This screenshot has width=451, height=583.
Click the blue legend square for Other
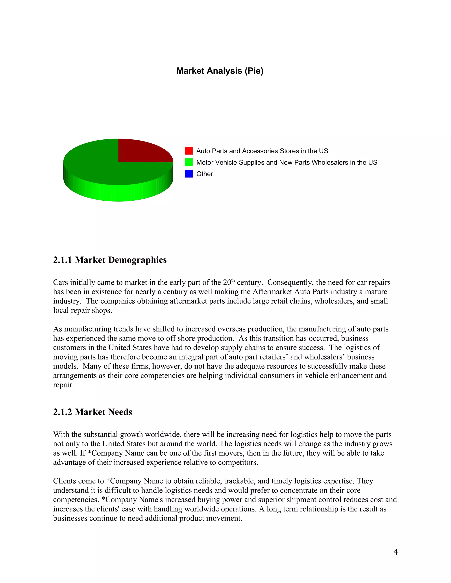(x=189, y=174)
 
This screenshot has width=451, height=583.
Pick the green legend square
(x=189, y=162)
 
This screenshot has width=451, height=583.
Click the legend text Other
(x=204, y=174)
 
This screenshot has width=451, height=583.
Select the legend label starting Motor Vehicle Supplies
(x=286, y=162)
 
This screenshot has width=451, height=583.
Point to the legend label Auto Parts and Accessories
(x=262, y=151)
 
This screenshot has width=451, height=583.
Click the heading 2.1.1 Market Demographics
(x=110, y=260)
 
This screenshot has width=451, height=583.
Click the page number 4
(x=396, y=552)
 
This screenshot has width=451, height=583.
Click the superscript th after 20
(x=233, y=280)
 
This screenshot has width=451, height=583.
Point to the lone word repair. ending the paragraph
(x=63, y=385)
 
